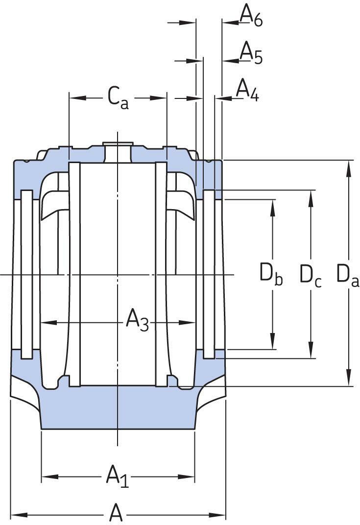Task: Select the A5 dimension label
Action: (x=251, y=53)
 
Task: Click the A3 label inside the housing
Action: (x=137, y=321)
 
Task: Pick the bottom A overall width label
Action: (x=116, y=513)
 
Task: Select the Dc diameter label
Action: (x=311, y=275)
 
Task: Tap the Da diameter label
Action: (x=348, y=275)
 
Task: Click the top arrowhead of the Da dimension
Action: (x=349, y=168)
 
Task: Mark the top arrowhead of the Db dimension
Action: (x=273, y=208)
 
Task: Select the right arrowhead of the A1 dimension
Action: (x=187, y=477)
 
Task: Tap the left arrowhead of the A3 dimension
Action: (x=49, y=322)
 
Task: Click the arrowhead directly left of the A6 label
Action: (x=230, y=23)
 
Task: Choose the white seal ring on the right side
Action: (x=209, y=274)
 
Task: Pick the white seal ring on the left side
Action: (x=27, y=274)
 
